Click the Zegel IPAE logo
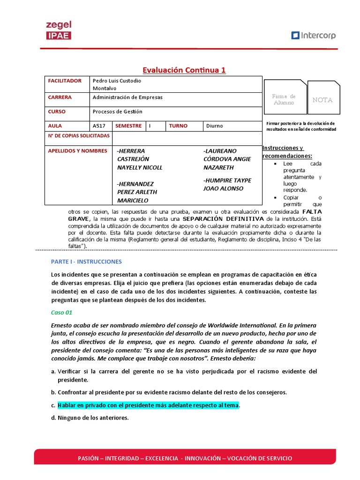click(x=59, y=30)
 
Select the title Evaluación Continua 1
click(x=184, y=70)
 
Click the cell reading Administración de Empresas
click(x=127, y=97)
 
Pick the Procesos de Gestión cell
click(x=117, y=112)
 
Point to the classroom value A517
click(x=99, y=126)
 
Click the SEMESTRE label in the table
click(x=128, y=126)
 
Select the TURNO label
click(x=178, y=126)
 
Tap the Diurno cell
click(x=215, y=126)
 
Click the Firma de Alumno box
click(x=284, y=99)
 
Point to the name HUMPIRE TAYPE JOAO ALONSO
click(x=227, y=184)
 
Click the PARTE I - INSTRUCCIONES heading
click(x=86, y=262)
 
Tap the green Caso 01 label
click(x=61, y=312)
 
